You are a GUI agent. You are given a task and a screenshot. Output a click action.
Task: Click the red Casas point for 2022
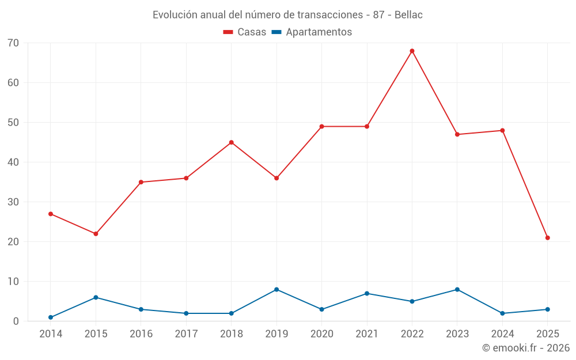[412, 51]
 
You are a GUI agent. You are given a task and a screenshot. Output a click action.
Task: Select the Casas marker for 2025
[548, 238]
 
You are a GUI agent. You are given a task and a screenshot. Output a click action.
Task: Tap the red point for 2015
[96, 234]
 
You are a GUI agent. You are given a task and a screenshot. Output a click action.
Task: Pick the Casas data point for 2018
[232, 142]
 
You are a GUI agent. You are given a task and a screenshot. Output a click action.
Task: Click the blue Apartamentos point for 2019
[276, 289]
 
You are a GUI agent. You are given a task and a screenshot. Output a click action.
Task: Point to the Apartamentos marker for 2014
[51, 317]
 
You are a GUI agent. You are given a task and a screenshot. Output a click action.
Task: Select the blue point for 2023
[457, 289]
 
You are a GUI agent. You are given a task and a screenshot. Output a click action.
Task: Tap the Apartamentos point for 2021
[367, 293]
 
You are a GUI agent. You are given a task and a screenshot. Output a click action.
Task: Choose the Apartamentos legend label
[319, 32]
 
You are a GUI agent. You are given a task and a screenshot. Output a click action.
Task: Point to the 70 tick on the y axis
[13, 43]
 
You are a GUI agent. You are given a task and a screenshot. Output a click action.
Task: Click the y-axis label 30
[13, 202]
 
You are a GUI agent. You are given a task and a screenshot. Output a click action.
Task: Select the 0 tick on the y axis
[16, 321]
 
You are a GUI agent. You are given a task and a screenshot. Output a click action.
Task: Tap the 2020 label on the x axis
[322, 334]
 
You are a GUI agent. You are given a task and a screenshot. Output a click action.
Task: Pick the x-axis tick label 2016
[141, 334]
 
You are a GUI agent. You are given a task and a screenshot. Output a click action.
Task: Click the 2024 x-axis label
[503, 334]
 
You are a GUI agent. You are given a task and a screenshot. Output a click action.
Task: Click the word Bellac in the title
[408, 15]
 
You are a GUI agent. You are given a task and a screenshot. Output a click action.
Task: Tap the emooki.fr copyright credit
[525, 348]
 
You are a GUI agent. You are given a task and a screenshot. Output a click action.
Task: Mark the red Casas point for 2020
[322, 126]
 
